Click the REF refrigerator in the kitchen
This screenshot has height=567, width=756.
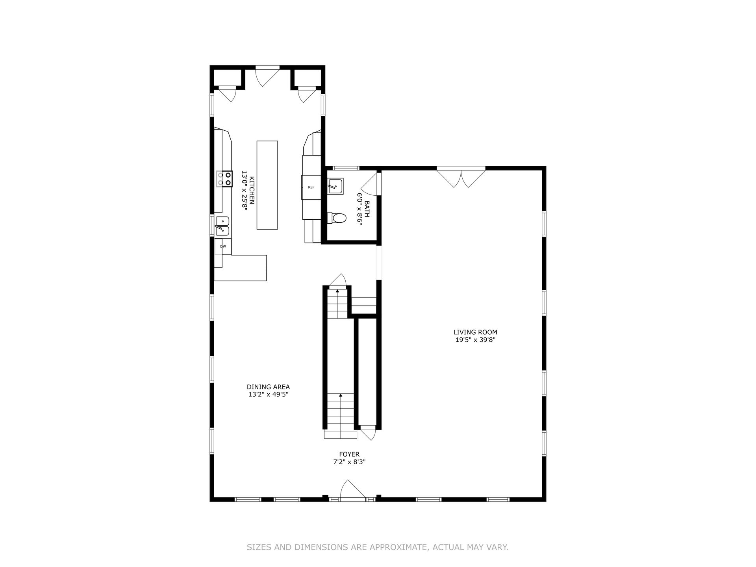[311, 187]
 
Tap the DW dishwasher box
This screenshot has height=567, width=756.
[223, 246]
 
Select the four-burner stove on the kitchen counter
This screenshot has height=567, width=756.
[224, 178]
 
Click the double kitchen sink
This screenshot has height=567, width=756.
[222, 226]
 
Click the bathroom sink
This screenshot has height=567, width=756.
[335, 186]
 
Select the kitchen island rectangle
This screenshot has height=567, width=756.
[267, 185]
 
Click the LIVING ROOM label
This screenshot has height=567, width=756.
[475, 332]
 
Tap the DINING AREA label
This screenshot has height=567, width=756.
[268, 387]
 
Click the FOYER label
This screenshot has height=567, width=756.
[349, 454]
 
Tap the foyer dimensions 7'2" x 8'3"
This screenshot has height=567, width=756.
[349, 462]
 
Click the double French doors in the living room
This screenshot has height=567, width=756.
[461, 177]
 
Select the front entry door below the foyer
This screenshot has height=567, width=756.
[353, 490]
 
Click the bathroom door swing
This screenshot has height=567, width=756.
[370, 184]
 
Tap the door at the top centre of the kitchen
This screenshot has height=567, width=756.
[267, 78]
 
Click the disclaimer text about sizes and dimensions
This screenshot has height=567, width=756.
[378, 547]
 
